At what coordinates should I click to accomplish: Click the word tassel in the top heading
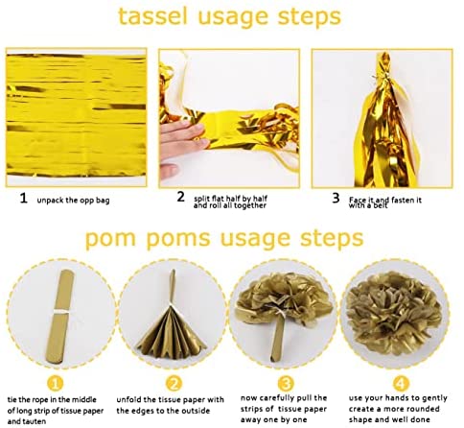[x=152, y=16]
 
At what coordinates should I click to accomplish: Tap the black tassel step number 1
[x=23, y=199]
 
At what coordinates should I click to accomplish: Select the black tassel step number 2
[x=181, y=197]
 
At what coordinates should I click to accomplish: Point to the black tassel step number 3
[x=336, y=199]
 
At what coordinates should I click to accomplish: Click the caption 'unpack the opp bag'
[x=73, y=201]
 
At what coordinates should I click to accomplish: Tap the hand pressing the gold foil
[x=182, y=142]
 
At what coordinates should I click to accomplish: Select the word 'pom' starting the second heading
[x=110, y=239]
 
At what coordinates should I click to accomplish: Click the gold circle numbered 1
[x=55, y=383]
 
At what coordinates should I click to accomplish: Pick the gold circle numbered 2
[x=174, y=383]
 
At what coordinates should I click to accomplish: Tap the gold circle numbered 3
[x=286, y=383]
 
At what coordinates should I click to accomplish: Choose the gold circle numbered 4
[x=400, y=383]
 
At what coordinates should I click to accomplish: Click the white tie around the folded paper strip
[x=61, y=311]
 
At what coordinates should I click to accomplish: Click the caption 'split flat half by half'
[x=230, y=199]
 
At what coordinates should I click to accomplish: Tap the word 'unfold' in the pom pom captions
[x=128, y=400]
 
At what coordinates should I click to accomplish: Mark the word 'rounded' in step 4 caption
[x=424, y=409]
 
